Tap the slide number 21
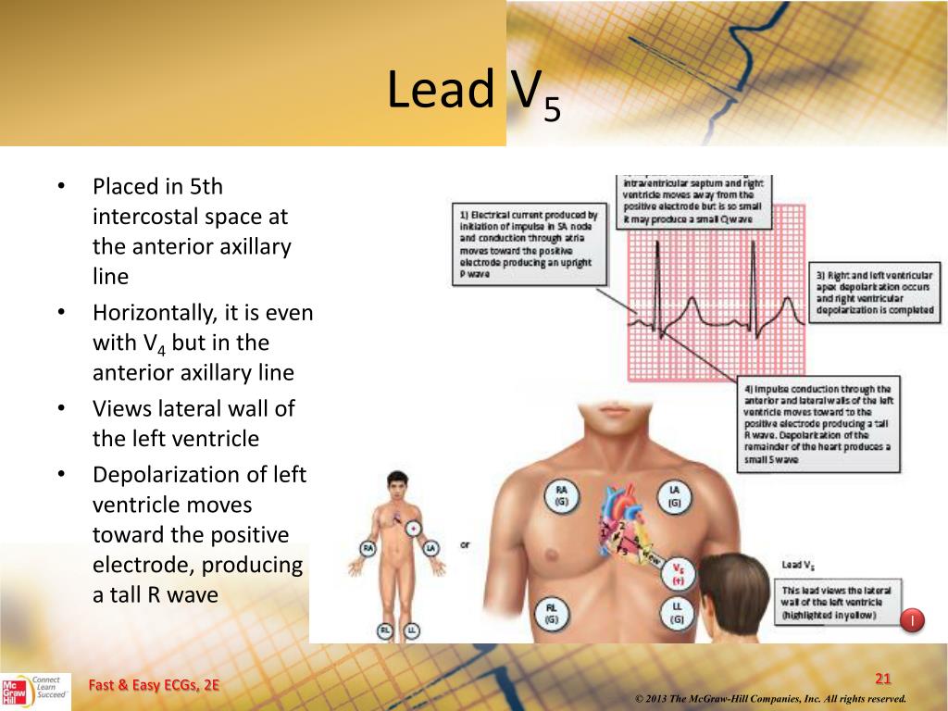882,680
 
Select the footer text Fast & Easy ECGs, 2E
155,685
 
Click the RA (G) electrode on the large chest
561,496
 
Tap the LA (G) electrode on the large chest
675,496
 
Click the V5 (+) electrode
678,573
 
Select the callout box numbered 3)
874,293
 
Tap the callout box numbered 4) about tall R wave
817,427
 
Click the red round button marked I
913,619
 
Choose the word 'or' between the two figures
465,545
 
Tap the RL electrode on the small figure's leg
383,630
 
